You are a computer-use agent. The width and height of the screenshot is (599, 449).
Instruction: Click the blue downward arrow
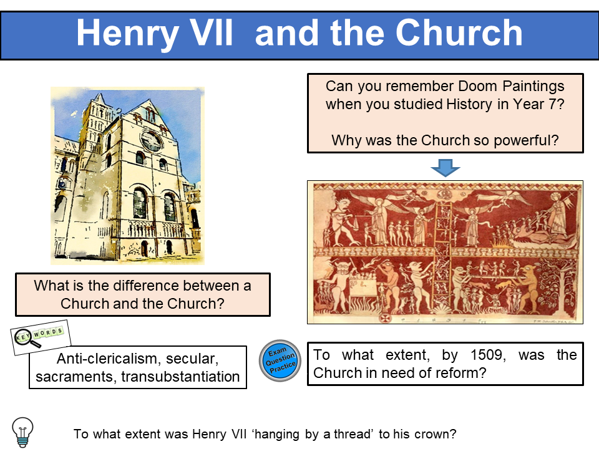(x=445, y=167)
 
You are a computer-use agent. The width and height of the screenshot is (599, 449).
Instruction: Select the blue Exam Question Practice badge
(x=280, y=361)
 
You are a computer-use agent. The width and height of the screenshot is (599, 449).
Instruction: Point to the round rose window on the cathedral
(x=150, y=140)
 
